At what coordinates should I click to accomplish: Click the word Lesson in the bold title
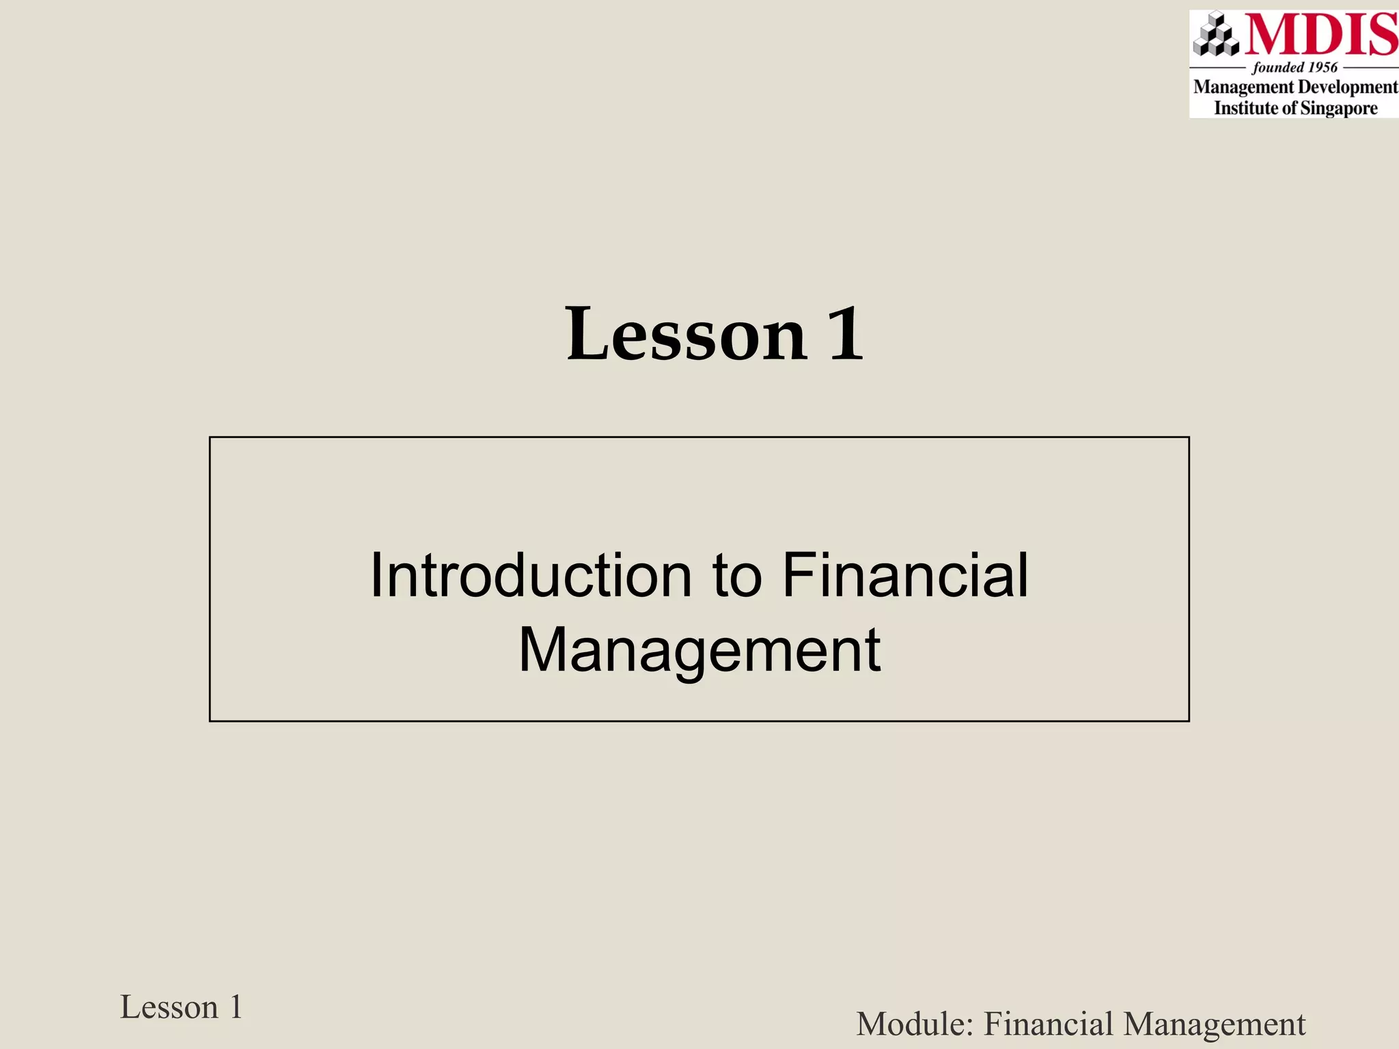pos(687,335)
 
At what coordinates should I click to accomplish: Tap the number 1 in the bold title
pos(846,335)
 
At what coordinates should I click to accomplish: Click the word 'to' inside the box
pos(737,576)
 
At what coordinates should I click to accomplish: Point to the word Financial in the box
pos(904,576)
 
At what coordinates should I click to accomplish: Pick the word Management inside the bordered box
pos(699,650)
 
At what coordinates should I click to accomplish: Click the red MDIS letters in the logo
pos(1320,35)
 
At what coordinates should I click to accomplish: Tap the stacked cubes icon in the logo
pos(1216,34)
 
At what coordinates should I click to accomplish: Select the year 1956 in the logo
pos(1322,68)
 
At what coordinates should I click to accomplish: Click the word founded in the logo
pos(1277,68)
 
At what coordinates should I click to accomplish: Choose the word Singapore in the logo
pos(1339,108)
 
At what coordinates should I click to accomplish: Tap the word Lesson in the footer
pos(169,1007)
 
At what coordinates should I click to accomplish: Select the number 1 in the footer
pos(236,1007)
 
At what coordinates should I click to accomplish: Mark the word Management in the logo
pos(1243,87)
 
